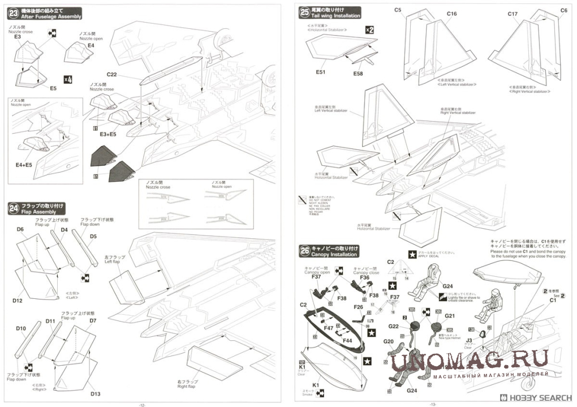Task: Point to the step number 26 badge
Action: [x=305, y=250]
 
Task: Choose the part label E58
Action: [x=358, y=74]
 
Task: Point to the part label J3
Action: [x=470, y=340]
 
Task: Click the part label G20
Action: [x=389, y=341]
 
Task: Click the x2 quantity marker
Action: [x=369, y=29]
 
